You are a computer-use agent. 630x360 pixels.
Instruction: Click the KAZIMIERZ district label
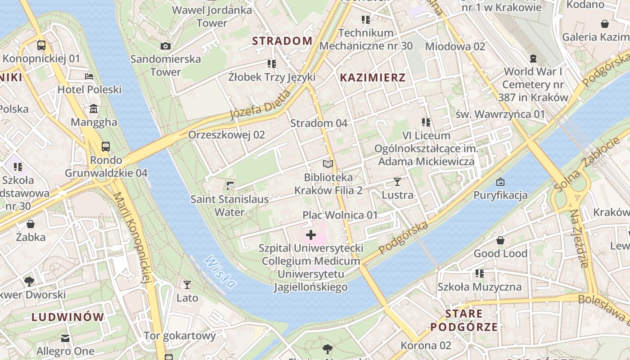[x=373, y=77]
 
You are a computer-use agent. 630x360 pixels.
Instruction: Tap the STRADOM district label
[x=282, y=41]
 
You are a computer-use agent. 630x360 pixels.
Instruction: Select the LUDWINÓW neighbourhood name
[x=67, y=317]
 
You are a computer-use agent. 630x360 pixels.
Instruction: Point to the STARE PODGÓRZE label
[x=464, y=320]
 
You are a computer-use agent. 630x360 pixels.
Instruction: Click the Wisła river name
[x=220, y=272]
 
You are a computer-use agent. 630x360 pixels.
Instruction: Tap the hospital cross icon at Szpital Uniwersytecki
[x=311, y=235]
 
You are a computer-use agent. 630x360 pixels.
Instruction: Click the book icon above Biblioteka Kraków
[x=328, y=164]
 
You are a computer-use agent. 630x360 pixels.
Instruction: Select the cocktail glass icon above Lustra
[x=397, y=182]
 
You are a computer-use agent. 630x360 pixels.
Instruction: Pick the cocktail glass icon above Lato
[x=187, y=284]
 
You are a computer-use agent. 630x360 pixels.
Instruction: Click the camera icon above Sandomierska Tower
[x=166, y=46]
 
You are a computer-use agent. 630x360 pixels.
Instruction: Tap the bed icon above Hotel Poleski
[x=89, y=76]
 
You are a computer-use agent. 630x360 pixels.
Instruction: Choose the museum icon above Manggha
[x=94, y=109]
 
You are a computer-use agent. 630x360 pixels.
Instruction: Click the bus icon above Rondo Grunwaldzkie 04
[x=106, y=147]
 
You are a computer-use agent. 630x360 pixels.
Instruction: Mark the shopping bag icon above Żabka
[x=31, y=224]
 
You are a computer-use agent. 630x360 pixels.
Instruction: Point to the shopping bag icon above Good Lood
[x=500, y=240]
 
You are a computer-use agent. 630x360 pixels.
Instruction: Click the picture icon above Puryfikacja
[x=500, y=182]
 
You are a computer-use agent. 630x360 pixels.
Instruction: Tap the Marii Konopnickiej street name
[x=131, y=238]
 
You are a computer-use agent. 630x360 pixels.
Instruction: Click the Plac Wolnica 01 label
[x=340, y=215]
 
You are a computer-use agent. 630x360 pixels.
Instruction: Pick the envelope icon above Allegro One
[x=66, y=338]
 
